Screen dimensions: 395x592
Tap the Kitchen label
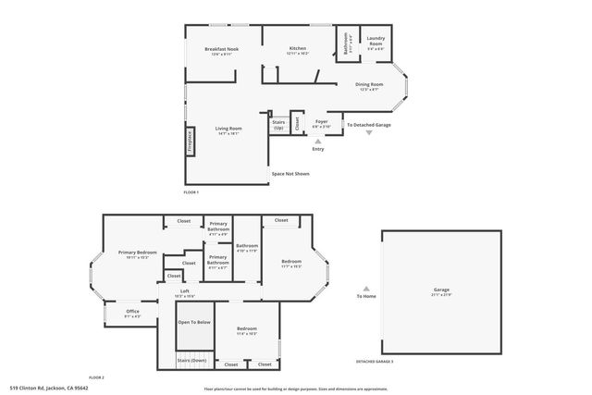(x=298, y=49)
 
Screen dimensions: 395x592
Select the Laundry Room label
(x=376, y=43)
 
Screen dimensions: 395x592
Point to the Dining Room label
(x=370, y=85)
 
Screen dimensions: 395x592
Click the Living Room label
(x=228, y=129)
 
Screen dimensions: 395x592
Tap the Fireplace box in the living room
(x=190, y=139)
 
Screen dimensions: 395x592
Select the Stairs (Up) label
(x=278, y=124)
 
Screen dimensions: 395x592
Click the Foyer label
(x=321, y=122)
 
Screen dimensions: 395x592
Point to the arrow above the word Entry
(x=318, y=140)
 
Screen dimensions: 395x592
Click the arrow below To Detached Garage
(x=369, y=133)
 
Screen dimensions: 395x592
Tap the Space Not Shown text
(x=290, y=173)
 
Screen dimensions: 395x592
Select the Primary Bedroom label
(x=136, y=253)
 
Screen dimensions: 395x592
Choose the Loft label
(x=185, y=291)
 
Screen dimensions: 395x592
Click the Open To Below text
(x=195, y=322)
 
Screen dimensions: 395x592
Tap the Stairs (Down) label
(x=197, y=360)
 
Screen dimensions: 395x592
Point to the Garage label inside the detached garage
(x=441, y=291)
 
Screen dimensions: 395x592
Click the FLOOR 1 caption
(x=191, y=191)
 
